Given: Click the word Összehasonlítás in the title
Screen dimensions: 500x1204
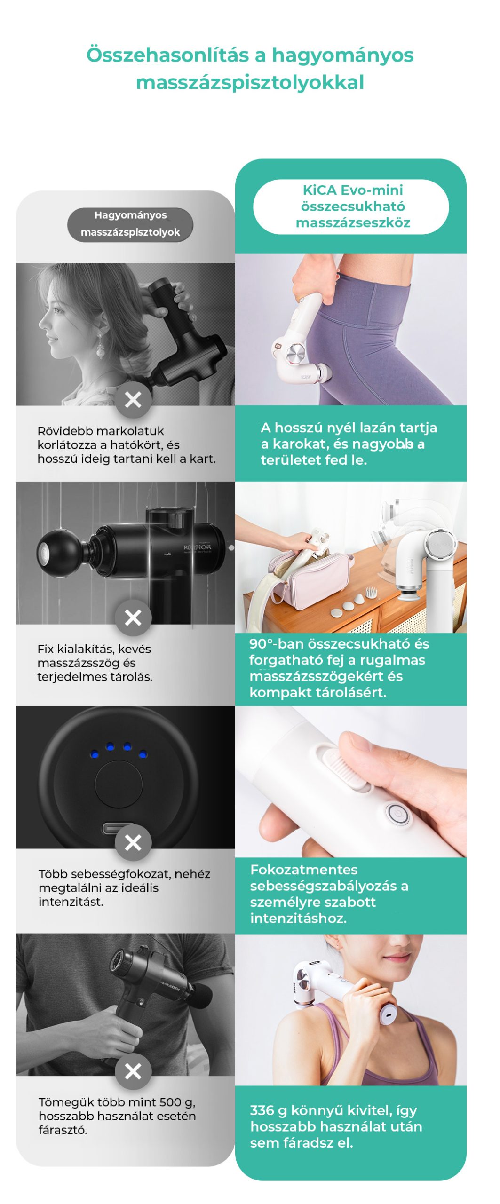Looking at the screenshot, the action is (x=167, y=55).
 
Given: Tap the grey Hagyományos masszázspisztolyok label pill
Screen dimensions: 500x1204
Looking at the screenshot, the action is (x=130, y=224).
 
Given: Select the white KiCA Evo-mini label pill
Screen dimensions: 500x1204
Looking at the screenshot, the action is (x=351, y=206).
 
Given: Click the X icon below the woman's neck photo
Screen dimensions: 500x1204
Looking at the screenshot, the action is (x=133, y=400).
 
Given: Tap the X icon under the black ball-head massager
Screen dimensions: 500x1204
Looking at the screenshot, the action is (x=133, y=618).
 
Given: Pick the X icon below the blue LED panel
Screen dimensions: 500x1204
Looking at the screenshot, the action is (x=133, y=842).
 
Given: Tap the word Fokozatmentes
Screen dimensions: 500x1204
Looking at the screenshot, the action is (x=304, y=869).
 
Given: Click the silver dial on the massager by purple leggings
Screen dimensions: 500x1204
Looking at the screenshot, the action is (x=296, y=353).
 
